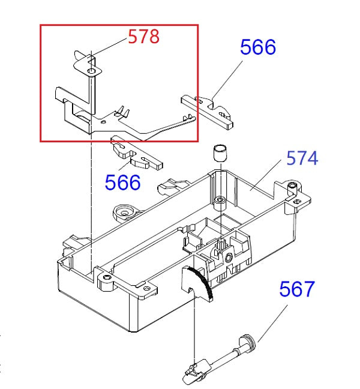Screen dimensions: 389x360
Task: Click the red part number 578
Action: (x=143, y=37)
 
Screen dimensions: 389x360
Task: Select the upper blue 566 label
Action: (x=258, y=47)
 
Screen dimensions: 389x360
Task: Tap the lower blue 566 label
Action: (x=122, y=182)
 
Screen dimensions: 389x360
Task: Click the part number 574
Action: (x=302, y=158)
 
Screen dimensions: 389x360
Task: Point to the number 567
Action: (x=296, y=289)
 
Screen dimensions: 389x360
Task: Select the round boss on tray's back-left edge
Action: (x=125, y=211)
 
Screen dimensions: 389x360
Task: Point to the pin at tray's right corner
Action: (x=292, y=188)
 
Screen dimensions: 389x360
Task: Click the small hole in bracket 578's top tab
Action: (x=91, y=71)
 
